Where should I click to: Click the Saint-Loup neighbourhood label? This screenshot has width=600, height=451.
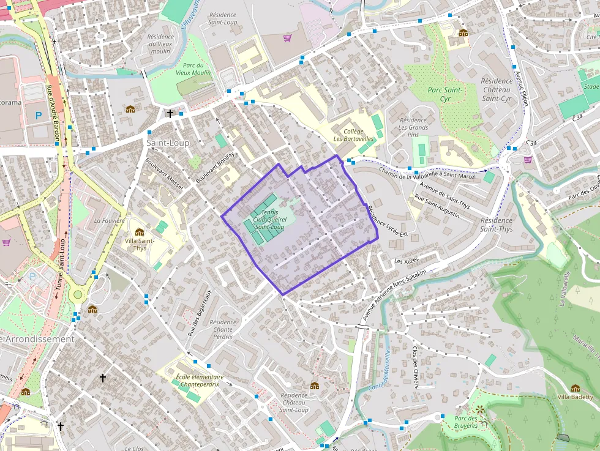(167, 143)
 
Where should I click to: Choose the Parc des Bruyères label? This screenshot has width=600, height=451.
(474, 422)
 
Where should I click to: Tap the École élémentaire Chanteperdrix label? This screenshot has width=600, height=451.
(200, 381)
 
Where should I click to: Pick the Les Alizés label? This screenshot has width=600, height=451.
(407, 261)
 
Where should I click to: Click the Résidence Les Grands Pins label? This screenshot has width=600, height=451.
(413, 127)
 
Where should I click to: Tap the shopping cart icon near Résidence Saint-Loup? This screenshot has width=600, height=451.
(287, 38)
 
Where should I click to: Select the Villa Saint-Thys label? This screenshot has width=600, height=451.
(140, 244)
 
